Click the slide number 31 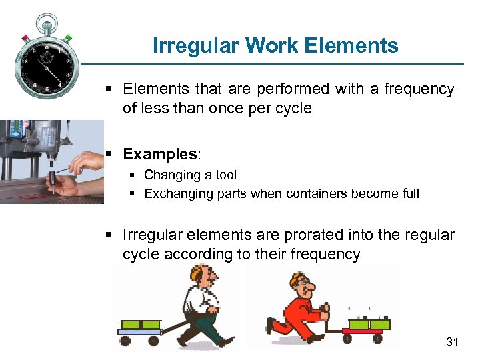453,342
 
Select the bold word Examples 159,154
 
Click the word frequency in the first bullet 419,89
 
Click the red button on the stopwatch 25,38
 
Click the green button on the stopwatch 67,38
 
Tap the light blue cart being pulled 140,329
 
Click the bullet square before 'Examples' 110,155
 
